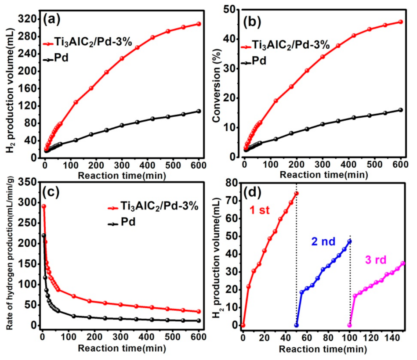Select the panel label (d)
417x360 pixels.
coord(254,191)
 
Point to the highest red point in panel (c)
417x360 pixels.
coord(44,206)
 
